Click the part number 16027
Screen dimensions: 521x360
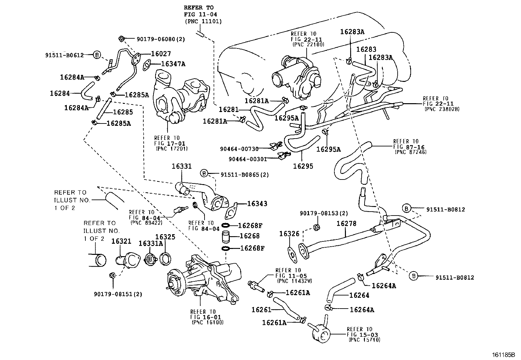[161, 54]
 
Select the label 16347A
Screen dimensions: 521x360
[173, 64]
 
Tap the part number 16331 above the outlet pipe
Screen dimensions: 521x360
[182, 166]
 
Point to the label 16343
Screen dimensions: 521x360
[257, 203]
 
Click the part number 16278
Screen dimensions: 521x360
[347, 223]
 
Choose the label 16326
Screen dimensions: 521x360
[289, 234]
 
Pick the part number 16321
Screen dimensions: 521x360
[121, 241]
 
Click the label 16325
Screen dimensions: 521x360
[165, 237]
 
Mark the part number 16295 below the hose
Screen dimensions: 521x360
[303, 166]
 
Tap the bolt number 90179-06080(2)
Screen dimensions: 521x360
[161, 39]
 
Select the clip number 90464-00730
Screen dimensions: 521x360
[239, 149]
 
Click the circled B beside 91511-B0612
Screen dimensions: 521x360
[97, 55]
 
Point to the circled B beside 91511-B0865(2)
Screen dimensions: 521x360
[204, 173]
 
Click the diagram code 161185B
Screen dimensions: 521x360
[504, 355]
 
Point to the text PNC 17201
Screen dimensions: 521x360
[172, 149]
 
